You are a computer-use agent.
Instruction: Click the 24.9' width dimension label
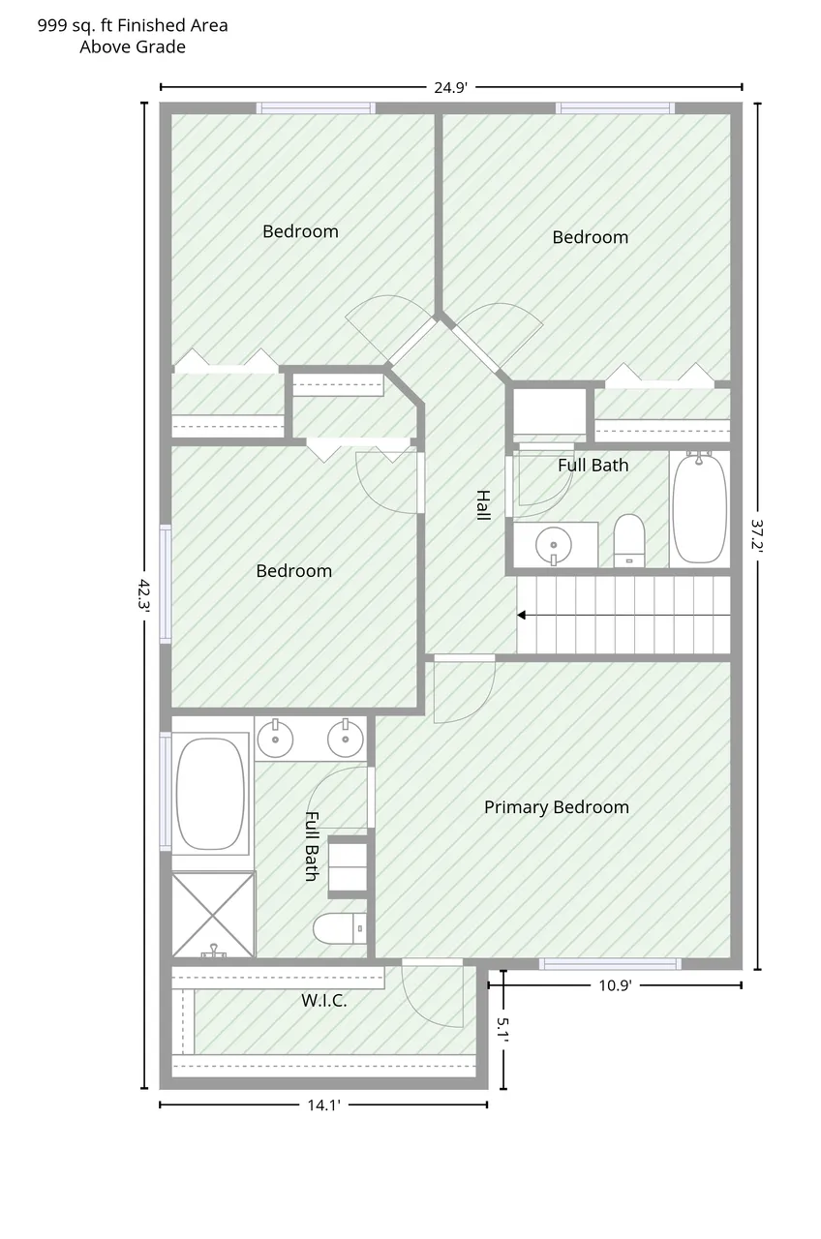coord(450,87)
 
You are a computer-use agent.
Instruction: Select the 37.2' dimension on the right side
coord(757,533)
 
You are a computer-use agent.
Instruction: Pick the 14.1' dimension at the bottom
coord(323,1105)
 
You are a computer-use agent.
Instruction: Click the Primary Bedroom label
coord(557,807)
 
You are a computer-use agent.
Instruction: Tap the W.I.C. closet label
coord(324,1000)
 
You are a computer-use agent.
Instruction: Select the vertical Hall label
coord(483,505)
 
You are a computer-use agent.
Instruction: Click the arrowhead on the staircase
coord(521,615)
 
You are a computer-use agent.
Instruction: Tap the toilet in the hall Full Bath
coord(629,541)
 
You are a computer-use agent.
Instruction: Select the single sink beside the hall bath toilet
coord(553,545)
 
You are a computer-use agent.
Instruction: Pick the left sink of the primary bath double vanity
coord(275,739)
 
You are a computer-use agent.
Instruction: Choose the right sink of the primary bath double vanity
coord(346,739)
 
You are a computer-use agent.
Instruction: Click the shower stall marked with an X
coord(214,915)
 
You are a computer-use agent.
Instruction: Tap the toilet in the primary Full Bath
coord(340,928)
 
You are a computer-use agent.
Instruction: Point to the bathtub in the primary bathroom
coord(210,794)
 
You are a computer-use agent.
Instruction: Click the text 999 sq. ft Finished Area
coord(133,25)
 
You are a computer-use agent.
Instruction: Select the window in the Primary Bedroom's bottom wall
coord(610,964)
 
